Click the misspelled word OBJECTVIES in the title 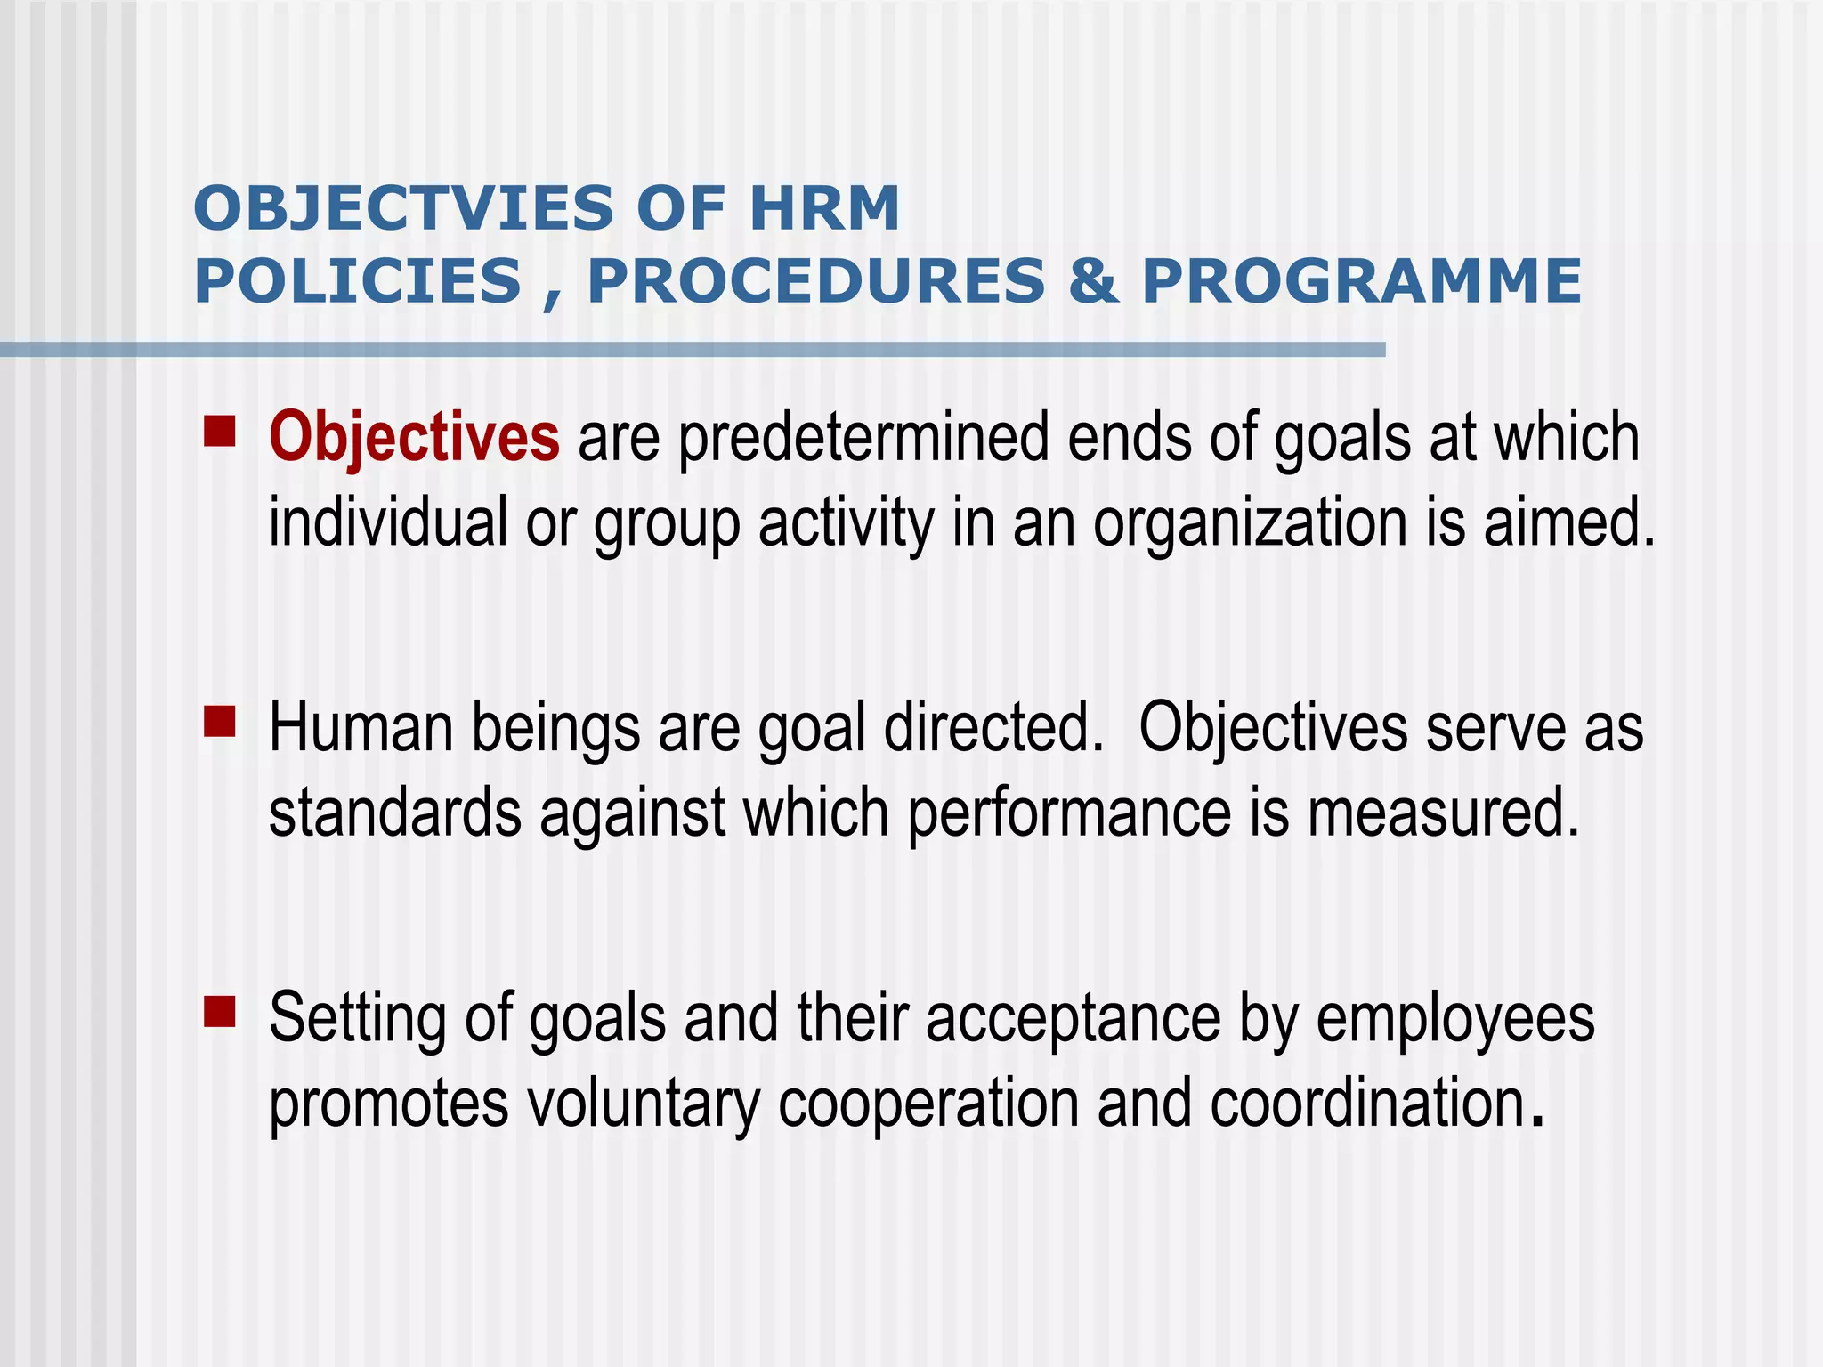tap(403, 209)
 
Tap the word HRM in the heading tap(824, 209)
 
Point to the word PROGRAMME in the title tap(1361, 281)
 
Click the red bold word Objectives tap(415, 438)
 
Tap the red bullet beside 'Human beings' tap(219, 722)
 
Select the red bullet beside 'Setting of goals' tap(219, 1012)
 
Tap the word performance tap(1069, 813)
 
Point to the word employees tap(1455, 1020)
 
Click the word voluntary tap(644, 1104)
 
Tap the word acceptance tap(1073, 1020)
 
